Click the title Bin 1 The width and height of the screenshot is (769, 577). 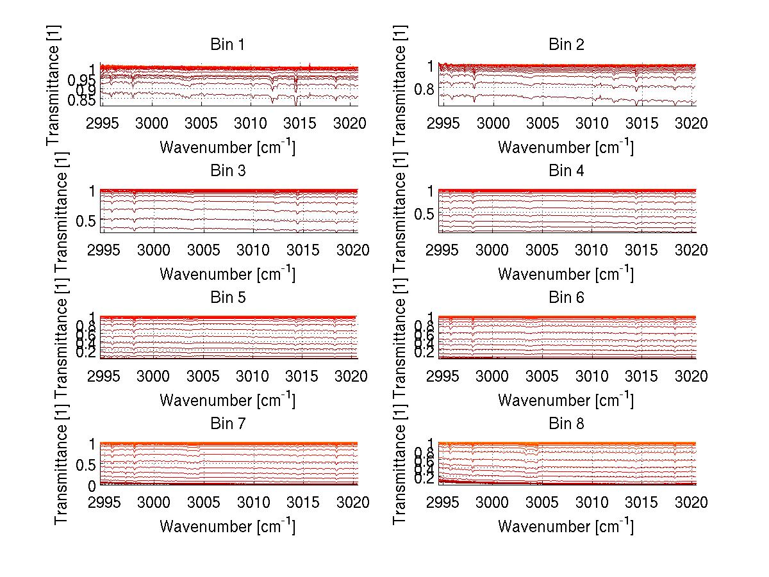click(x=227, y=44)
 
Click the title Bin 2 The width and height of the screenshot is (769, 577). click(x=566, y=44)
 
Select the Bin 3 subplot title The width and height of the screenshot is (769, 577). click(x=227, y=171)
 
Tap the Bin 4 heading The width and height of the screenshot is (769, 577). click(x=566, y=171)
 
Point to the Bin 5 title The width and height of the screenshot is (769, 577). click(x=227, y=297)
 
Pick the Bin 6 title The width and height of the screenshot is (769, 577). click(x=566, y=297)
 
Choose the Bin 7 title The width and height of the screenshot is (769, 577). click(x=227, y=423)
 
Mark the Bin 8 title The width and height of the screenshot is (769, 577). click(x=566, y=423)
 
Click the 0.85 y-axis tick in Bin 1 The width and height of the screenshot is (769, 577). click(x=81, y=101)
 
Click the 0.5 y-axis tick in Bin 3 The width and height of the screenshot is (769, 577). click(x=84, y=220)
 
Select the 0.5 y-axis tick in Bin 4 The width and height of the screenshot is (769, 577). click(x=422, y=214)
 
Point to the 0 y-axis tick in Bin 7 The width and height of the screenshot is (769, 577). click(x=92, y=486)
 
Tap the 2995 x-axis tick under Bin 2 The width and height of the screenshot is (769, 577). click(x=443, y=123)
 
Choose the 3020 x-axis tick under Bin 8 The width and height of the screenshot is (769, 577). click(x=691, y=502)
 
